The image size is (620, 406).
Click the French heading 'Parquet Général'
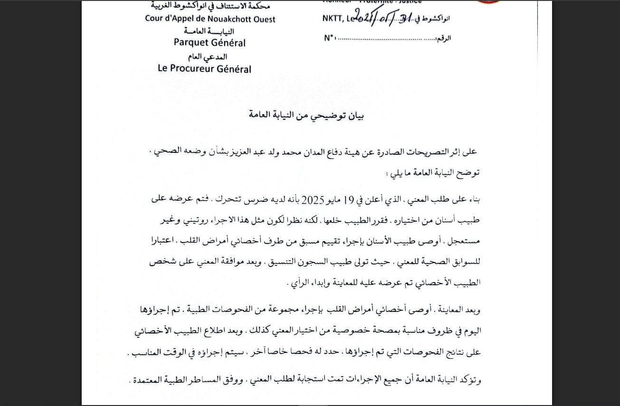[210, 43]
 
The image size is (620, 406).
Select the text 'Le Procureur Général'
[204, 68]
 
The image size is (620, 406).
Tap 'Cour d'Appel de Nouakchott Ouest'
[210, 19]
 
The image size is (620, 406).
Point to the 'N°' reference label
[330, 38]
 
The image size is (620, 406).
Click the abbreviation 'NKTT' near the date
[333, 19]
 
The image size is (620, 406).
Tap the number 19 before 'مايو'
[348, 200]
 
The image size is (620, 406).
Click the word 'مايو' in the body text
[334, 200]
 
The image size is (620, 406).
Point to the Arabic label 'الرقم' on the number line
[443, 38]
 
